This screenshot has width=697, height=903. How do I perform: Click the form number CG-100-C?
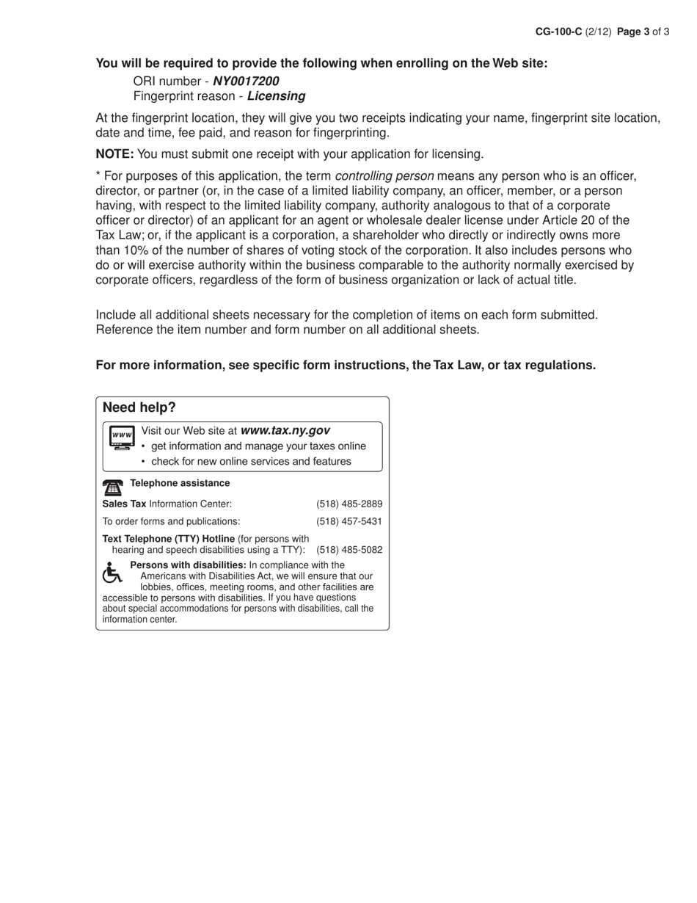558,32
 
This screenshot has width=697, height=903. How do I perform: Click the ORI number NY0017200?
246,81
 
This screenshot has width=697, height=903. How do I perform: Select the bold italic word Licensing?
276,96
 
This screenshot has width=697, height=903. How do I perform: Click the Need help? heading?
139,407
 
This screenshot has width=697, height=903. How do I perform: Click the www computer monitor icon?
122,438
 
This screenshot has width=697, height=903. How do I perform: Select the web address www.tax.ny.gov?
285,431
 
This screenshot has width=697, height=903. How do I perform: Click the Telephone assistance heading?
180,483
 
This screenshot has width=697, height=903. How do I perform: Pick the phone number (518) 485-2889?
349,504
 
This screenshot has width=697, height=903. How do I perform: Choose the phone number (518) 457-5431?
349,521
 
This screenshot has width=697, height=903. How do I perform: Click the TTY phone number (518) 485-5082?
349,550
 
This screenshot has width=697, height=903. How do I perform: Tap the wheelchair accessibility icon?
112,573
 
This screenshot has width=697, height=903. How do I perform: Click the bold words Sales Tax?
124,504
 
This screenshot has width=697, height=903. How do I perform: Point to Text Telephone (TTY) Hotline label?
169,539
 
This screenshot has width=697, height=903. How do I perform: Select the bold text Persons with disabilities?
188,565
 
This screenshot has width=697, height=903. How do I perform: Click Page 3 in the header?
633,32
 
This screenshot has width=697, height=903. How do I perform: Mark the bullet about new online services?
251,462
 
